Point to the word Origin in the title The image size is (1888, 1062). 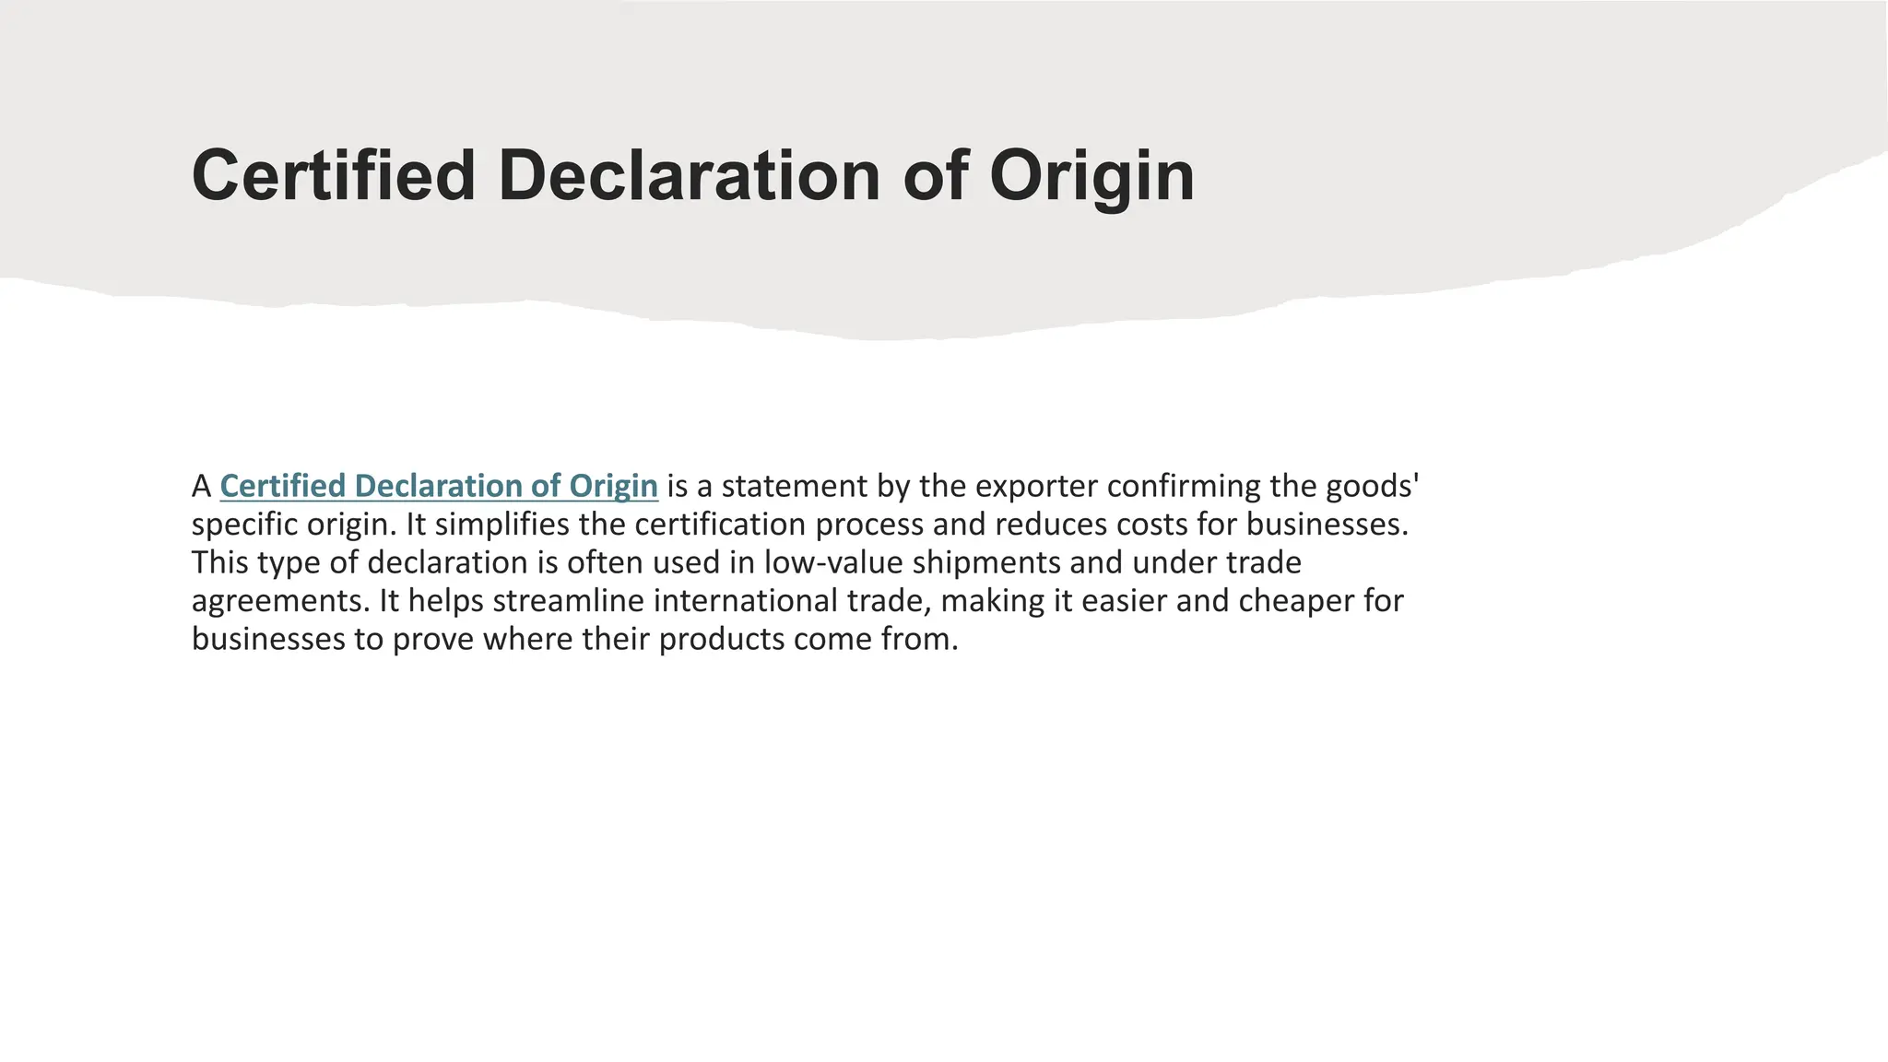tap(1091, 175)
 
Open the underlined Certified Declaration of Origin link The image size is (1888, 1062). tap(439, 486)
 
